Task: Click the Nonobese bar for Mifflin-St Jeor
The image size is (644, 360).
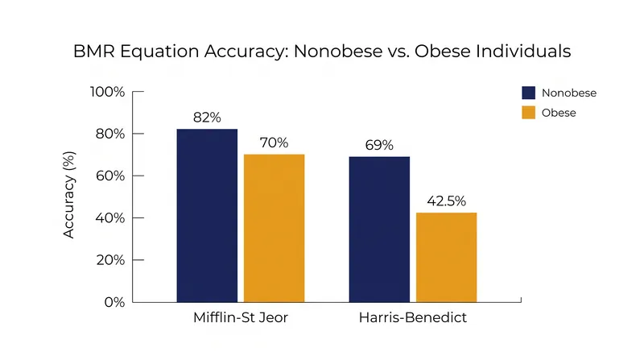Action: point(207,216)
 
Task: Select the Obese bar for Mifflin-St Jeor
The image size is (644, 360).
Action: point(275,229)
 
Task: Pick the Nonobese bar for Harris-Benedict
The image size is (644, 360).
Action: point(379,230)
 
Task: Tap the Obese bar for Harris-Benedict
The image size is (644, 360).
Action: point(447,258)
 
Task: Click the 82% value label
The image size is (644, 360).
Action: point(207,118)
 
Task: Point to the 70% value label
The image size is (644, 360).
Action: point(274,143)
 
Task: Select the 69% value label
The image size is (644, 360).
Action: point(379,145)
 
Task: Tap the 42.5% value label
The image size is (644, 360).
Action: point(447,201)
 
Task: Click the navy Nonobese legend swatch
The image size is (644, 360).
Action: point(529,93)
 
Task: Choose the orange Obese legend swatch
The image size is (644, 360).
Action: point(529,113)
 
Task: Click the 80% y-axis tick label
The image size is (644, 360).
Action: point(110,134)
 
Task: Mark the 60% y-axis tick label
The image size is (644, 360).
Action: point(110,176)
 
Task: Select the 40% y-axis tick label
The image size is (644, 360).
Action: point(110,217)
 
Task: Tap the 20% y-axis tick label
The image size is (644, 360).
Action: point(110,260)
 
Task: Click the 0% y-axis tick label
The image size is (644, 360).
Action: point(114,303)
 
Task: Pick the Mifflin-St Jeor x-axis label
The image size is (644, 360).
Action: point(241,317)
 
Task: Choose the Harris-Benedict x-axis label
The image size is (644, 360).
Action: point(413,317)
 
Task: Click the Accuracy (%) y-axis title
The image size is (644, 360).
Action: point(68,195)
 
